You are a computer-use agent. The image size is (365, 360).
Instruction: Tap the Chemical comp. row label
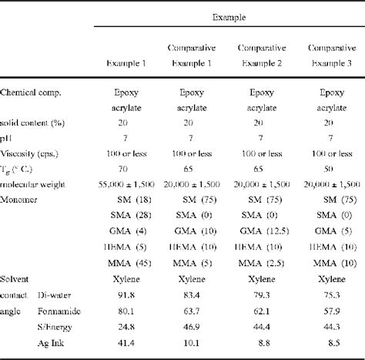coord(31,93)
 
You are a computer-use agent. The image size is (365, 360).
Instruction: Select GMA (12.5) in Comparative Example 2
coord(260,232)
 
